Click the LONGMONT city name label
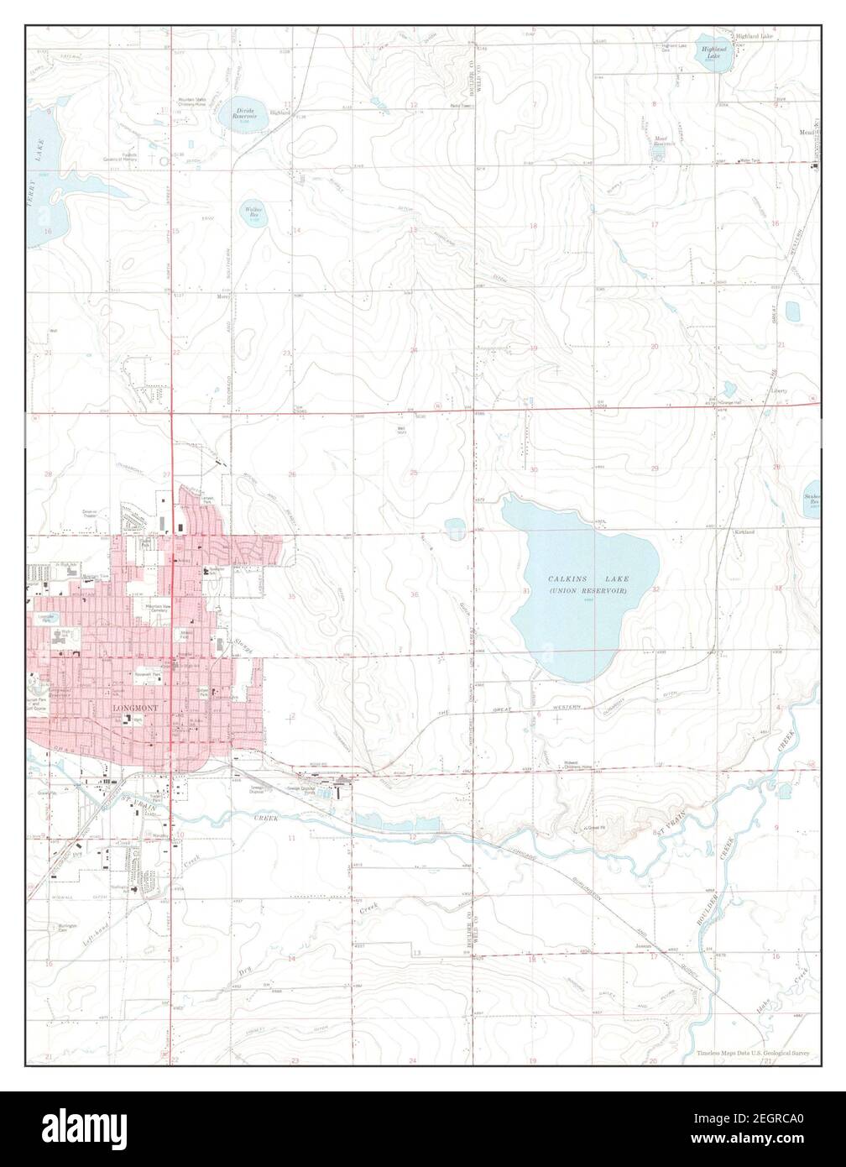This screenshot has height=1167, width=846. (135, 708)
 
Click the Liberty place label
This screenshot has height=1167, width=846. (782, 390)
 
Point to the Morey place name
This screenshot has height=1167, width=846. (224, 296)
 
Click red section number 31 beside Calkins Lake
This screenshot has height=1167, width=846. (526, 593)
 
